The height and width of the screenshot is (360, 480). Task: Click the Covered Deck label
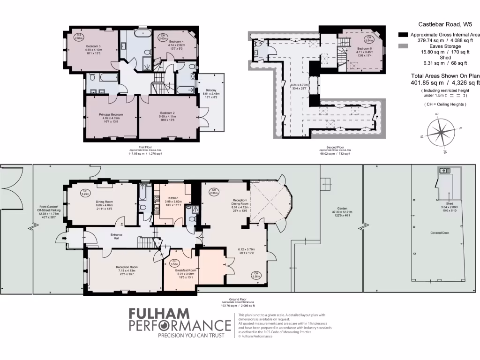click(439, 232)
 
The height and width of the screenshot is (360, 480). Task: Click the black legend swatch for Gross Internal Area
click(402, 35)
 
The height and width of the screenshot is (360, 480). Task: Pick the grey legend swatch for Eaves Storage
click(402, 46)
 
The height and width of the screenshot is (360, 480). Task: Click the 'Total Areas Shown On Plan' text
click(445, 76)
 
